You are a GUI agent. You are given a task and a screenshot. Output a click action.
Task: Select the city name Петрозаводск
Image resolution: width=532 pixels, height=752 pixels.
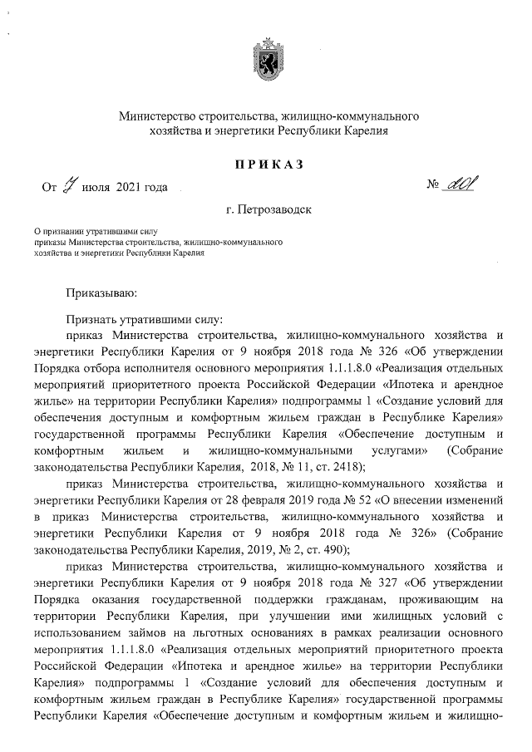pos(273,209)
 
